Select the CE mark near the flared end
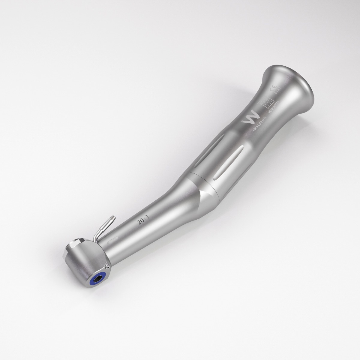[274, 89]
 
